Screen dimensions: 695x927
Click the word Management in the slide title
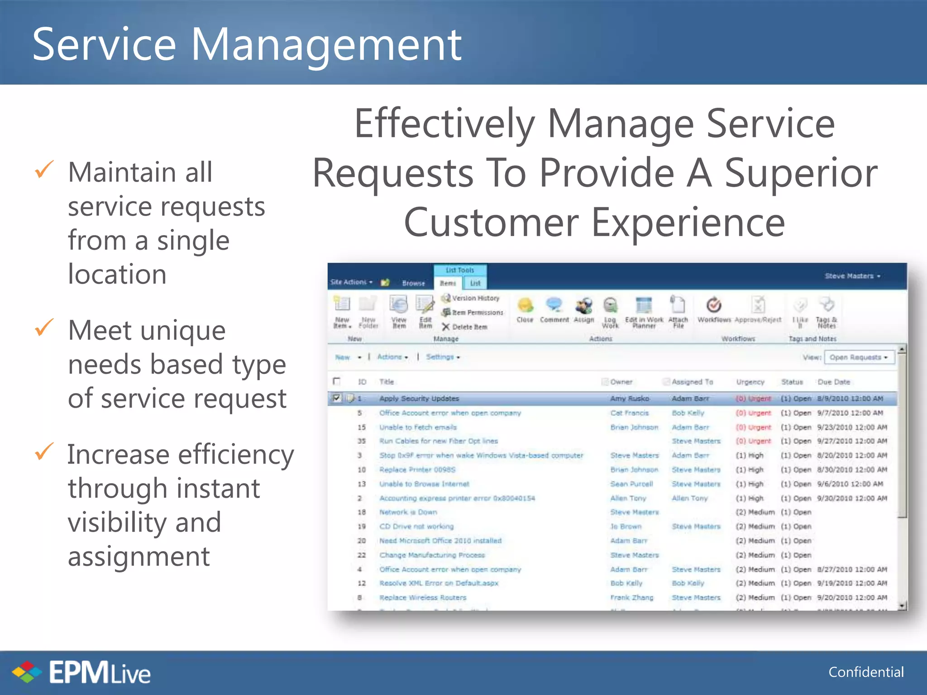[326, 45]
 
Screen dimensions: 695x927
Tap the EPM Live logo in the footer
[81, 672]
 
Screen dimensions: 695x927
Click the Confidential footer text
[865, 672]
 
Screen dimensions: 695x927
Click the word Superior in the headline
[801, 173]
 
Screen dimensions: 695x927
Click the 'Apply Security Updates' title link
[419, 399]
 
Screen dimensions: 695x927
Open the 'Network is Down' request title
[408, 512]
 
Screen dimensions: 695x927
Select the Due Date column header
[833, 382]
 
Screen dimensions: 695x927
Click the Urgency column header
[750, 382]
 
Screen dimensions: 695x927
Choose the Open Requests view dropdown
[859, 357]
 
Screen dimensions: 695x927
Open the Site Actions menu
[351, 282]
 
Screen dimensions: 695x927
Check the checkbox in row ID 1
[336, 398]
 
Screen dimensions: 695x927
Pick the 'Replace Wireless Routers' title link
[422, 597]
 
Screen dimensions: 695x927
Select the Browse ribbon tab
[413, 283]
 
